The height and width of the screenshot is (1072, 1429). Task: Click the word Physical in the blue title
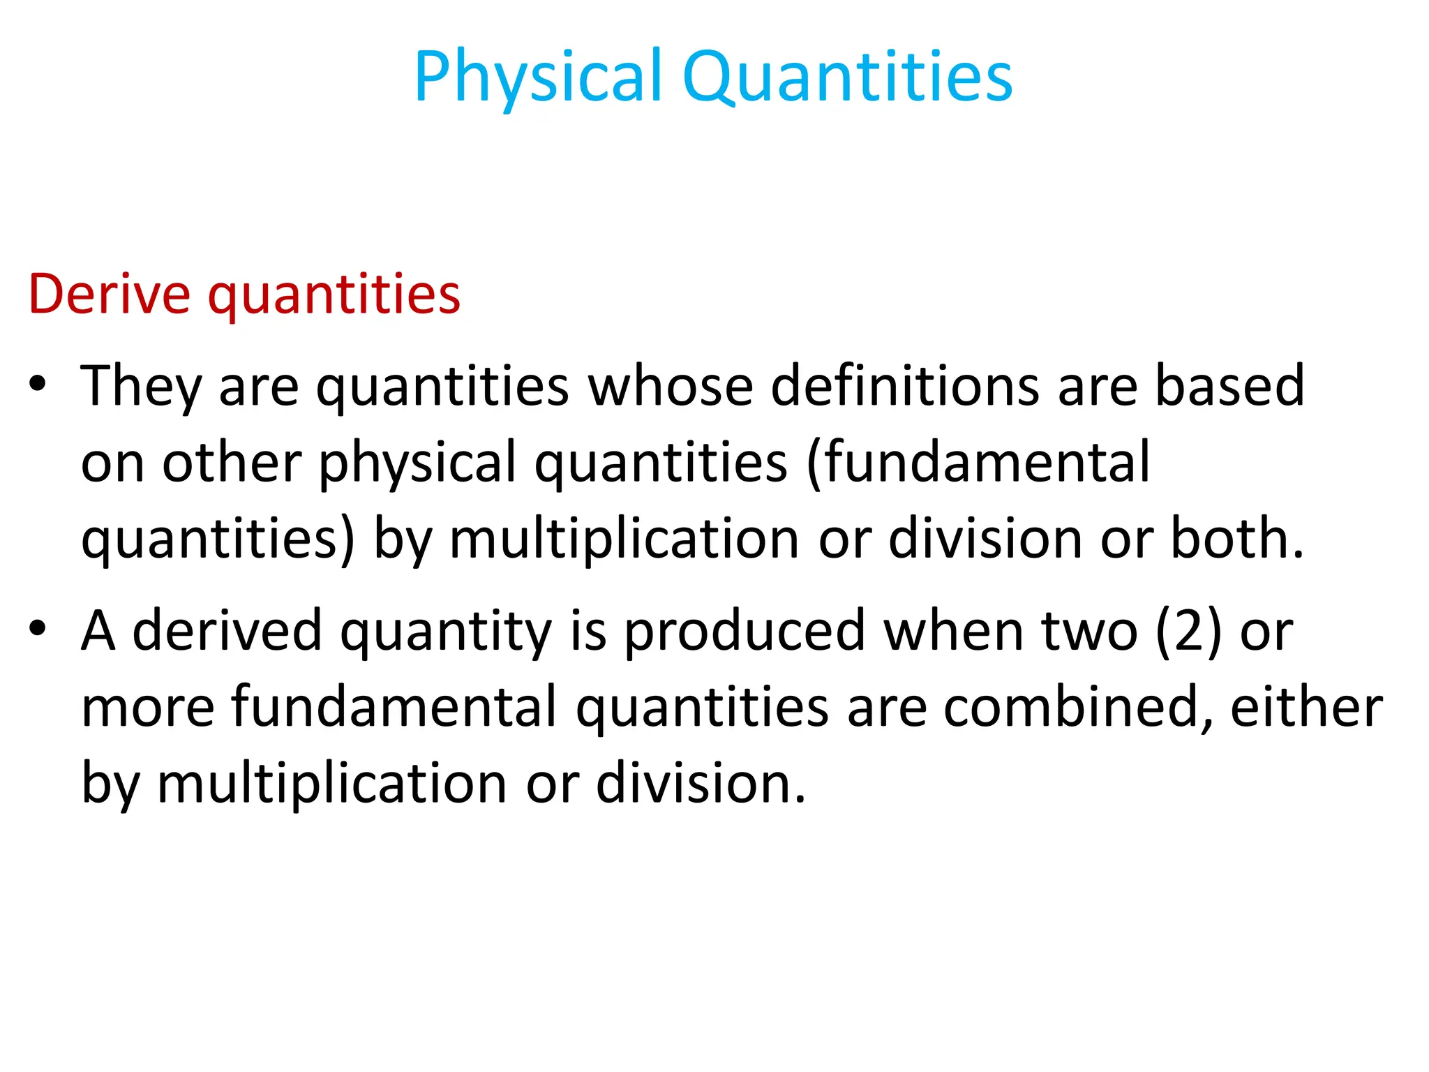click(537, 77)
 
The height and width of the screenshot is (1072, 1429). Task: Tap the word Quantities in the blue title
click(847, 77)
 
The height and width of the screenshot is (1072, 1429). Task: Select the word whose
click(671, 386)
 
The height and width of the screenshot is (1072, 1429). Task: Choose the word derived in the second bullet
click(227, 630)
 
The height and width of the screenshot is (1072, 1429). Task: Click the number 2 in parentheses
click(1188, 630)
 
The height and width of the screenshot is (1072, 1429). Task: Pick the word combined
click(1078, 707)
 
